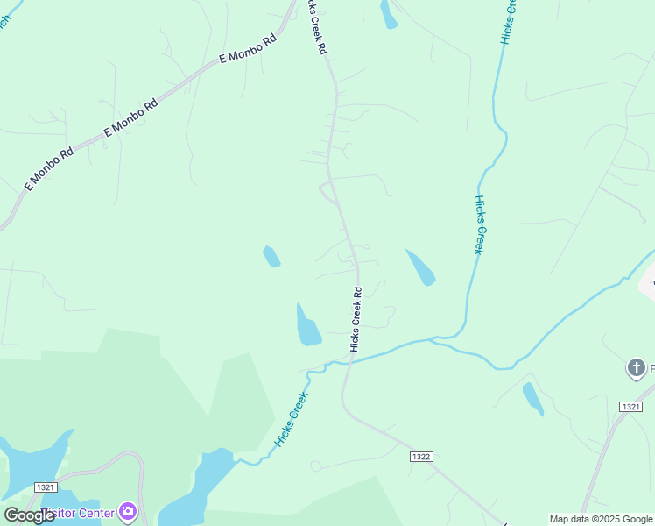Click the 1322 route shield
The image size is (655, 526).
[x=421, y=458]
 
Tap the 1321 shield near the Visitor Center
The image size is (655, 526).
[x=46, y=487]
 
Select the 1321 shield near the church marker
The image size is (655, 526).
[x=630, y=407]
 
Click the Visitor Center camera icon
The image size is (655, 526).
[x=128, y=510]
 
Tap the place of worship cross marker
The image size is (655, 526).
[x=637, y=369]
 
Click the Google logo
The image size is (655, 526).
[x=30, y=515]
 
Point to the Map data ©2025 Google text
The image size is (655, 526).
[x=602, y=519]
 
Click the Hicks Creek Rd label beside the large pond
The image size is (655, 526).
[x=356, y=319]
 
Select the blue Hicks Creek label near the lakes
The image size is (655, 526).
[x=292, y=419]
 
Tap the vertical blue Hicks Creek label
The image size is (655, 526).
[x=479, y=224]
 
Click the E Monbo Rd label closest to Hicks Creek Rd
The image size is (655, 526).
[x=248, y=49]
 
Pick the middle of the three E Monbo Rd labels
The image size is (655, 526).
[x=131, y=116]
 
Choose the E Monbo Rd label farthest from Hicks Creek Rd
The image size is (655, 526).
[x=48, y=170]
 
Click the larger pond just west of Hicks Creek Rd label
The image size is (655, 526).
[x=307, y=326]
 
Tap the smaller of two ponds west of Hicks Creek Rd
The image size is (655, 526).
[x=271, y=256]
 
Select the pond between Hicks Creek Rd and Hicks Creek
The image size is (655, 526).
[x=420, y=267]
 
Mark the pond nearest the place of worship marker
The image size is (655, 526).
[x=532, y=398]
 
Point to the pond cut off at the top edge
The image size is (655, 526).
[x=388, y=12]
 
